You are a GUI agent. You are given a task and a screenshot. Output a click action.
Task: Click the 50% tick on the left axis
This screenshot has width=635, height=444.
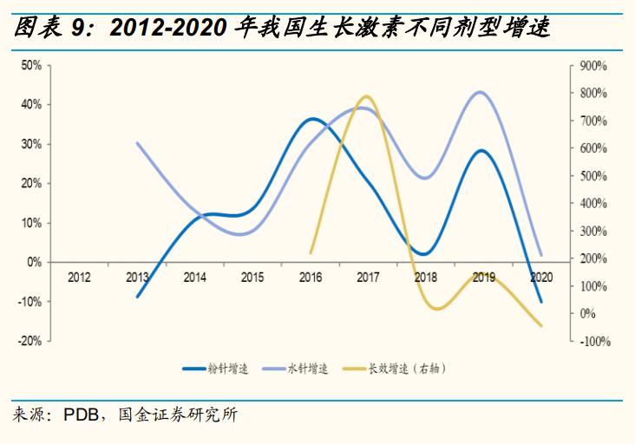pyautogui.click(x=31, y=65)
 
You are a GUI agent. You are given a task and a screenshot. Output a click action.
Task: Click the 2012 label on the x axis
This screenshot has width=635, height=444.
pyautogui.click(x=79, y=277)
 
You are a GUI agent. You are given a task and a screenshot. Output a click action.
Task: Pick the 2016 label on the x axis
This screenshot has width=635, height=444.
pyautogui.click(x=310, y=277)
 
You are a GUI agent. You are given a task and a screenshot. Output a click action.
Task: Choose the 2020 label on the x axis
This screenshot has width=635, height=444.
pyautogui.click(x=541, y=277)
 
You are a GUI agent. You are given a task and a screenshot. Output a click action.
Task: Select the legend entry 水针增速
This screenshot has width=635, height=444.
pyautogui.click(x=308, y=369)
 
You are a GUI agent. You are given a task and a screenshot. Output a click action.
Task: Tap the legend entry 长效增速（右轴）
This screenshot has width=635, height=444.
pyautogui.click(x=407, y=369)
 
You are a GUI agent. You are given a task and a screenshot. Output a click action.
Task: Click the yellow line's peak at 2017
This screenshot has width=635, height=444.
pyautogui.click(x=365, y=96)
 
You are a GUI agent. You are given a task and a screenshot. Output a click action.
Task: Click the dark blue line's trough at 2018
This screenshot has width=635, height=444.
pyautogui.click(x=423, y=254)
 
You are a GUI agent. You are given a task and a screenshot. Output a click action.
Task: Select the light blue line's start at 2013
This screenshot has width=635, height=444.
pyautogui.click(x=138, y=142)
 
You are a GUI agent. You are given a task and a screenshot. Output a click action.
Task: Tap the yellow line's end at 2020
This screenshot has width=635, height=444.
pyautogui.click(x=541, y=326)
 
